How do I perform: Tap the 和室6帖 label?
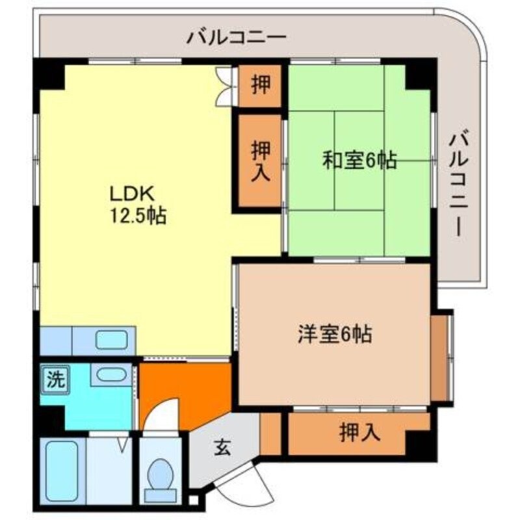tap(359, 161)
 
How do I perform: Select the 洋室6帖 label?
tap(335, 334)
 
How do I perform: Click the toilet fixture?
tap(159, 477)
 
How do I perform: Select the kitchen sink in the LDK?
tap(112, 340)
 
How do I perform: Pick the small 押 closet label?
tap(261, 85)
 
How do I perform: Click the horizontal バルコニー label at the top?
tap(237, 36)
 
